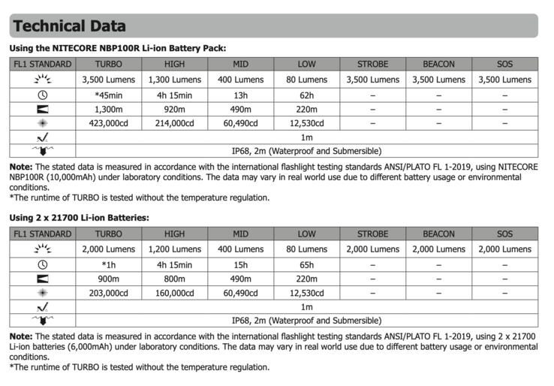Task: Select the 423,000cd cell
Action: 108,124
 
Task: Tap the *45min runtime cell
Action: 108,95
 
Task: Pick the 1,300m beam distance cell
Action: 108,110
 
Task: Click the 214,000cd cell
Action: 174,124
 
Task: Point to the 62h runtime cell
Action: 306,95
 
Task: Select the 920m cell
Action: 174,110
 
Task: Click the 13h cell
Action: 240,95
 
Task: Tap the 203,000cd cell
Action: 108,293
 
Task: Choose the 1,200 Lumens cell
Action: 174,249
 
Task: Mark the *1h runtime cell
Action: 108,264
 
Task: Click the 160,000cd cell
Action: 174,293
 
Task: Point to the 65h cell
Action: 306,264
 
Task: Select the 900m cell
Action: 108,279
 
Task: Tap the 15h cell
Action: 240,264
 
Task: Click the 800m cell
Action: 174,279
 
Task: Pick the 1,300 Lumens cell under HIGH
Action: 174,80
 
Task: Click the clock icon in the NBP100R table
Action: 42,95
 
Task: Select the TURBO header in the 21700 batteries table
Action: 108,234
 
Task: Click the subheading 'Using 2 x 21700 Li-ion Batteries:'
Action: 80,218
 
